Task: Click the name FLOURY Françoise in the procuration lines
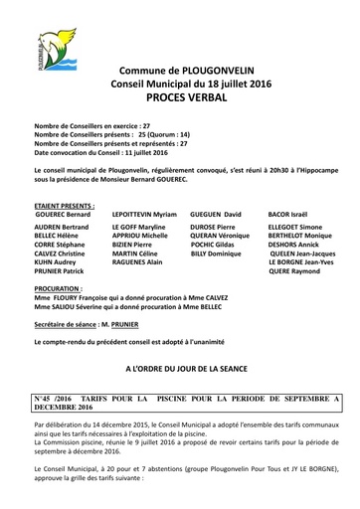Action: coord(83,295)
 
